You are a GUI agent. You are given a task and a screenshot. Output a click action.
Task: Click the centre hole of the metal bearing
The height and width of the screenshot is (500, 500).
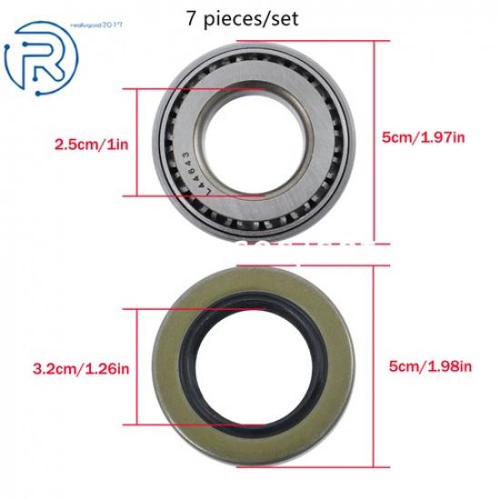[249, 138]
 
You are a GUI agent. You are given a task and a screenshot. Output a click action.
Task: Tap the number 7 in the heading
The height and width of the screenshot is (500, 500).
[189, 16]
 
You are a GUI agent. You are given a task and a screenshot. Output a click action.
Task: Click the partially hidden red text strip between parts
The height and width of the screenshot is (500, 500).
[300, 244]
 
